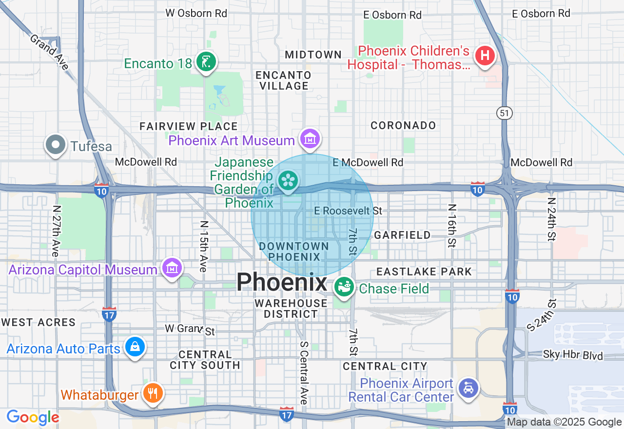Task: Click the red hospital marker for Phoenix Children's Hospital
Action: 485,55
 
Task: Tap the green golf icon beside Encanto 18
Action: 206,62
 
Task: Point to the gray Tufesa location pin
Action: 56,145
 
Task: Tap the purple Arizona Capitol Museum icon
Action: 172,268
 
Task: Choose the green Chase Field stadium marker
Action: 344,288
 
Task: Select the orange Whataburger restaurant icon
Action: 153,393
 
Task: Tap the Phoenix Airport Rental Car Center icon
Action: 468,389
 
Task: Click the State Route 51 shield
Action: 504,113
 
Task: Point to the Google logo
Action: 33,417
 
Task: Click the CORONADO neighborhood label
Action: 403,125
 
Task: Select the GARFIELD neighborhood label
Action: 402,235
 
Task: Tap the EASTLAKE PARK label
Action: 424,272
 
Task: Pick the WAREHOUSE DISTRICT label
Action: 291,309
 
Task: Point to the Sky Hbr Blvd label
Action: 573,355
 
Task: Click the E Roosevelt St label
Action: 348,211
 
